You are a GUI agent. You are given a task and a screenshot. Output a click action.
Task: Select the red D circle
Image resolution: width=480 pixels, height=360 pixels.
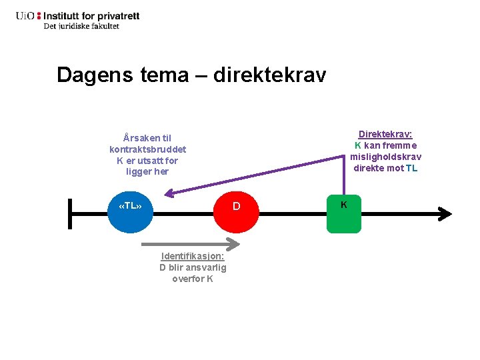pos(236,207)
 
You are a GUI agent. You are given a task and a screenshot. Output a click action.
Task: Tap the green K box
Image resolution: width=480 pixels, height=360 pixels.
pos(343,213)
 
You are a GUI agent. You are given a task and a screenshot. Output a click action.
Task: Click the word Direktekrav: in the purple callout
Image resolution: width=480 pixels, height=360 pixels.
pos(385,134)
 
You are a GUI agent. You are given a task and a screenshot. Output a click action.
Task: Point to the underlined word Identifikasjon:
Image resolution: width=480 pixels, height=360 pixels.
pos(193,256)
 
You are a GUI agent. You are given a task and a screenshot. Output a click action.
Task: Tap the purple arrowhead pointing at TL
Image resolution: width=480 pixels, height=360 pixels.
pos(168,194)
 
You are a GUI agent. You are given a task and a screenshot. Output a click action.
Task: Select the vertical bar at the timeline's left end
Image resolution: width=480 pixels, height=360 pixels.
pos(69,213)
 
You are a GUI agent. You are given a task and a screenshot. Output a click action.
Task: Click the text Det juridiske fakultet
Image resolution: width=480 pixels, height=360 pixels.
pos(81,26)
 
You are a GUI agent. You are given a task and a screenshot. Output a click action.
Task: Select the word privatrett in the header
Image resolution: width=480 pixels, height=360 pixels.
pos(119,15)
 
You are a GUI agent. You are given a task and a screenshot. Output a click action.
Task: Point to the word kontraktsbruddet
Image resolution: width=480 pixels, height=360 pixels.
pos(148,149)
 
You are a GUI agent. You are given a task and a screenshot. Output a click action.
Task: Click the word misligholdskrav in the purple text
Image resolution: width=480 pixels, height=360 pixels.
pos(386,157)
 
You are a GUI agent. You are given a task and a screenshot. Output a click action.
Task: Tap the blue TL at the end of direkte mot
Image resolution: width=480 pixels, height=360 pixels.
pos(412,168)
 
